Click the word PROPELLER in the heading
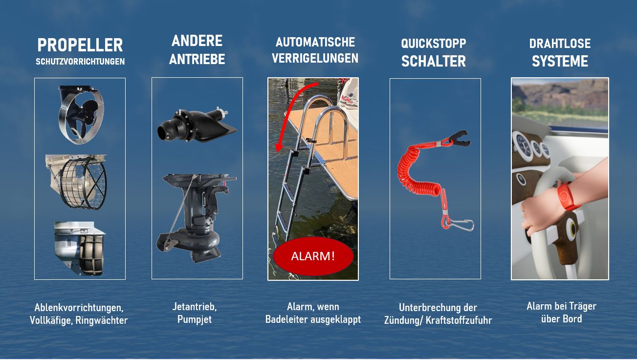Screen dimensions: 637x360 [80, 45]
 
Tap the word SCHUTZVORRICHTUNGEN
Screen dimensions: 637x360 [80, 62]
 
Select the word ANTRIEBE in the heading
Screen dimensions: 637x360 [197, 59]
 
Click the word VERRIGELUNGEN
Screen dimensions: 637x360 [315, 58]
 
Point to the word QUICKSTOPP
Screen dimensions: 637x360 [434, 44]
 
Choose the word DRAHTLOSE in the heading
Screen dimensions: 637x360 [560, 44]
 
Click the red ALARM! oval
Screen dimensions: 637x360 [313, 256]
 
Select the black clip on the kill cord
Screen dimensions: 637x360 [460, 138]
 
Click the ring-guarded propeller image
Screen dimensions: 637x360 [81, 114]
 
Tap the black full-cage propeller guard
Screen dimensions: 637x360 [76, 182]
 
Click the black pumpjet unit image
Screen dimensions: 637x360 [197, 126]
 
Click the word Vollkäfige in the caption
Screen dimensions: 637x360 [51, 320]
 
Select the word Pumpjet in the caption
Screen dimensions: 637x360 [195, 319]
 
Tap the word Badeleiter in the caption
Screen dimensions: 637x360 [286, 319]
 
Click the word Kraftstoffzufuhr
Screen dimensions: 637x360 [459, 320]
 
